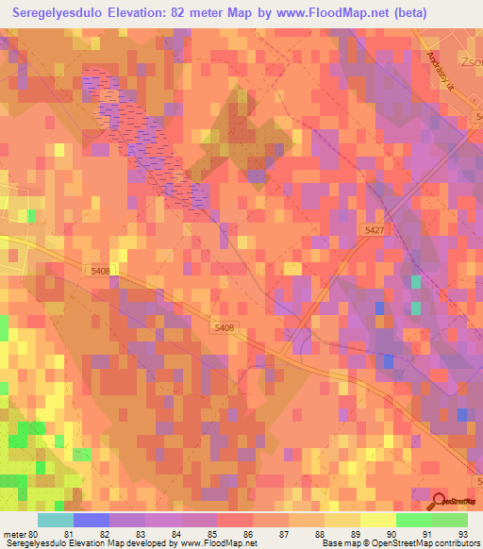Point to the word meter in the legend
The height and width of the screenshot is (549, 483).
click(x=15, y=533)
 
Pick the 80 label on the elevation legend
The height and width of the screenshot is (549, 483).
click(x=36, y=533)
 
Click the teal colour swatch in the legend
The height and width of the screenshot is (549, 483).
click(x=55, y=520)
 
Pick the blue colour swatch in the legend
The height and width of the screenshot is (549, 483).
click(x=91, y=520)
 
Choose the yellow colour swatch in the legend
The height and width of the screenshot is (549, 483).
click(x=377, y=520)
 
